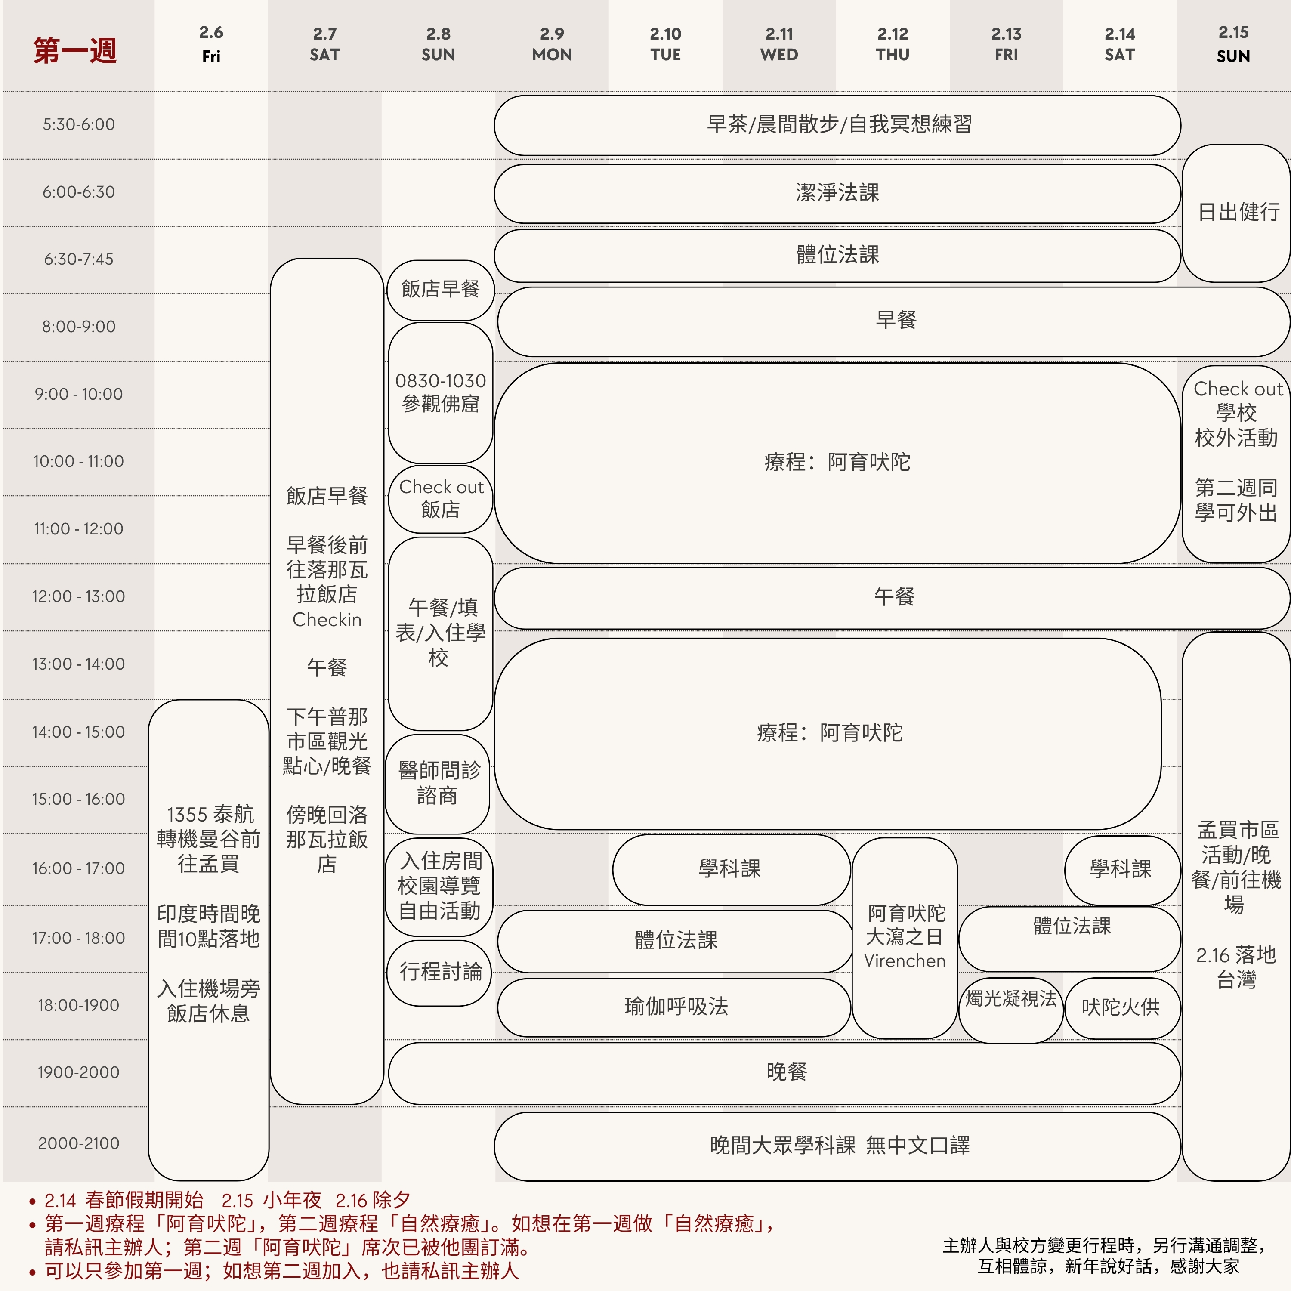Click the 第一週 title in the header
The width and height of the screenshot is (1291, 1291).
pyautogui.click(x=75, y=50)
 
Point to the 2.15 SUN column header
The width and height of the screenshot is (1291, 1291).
pyautogui.click(x=1233, y=44)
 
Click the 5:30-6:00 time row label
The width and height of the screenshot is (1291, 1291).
pyautogui.click(x=79, y=124)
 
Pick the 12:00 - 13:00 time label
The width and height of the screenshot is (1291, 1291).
pyautogui.click(x=79, y=596)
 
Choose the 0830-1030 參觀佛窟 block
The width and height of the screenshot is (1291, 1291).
pyautogui.click(x=440, y=392)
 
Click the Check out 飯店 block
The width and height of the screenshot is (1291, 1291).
pyautogui.click(x=440, y=498)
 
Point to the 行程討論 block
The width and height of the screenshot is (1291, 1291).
pyautogui.click(x=440, y=972)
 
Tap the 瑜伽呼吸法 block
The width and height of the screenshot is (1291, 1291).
pyautogui.click(x=675, y=1007)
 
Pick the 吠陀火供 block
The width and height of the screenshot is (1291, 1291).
pyautogui.click(x=1121, y=1007)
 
